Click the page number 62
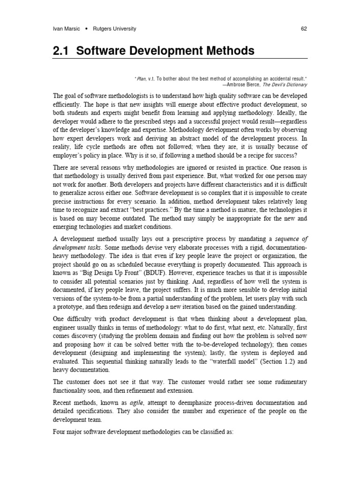(304, 29)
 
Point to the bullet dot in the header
(88, 29)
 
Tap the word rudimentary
(288, 382)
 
